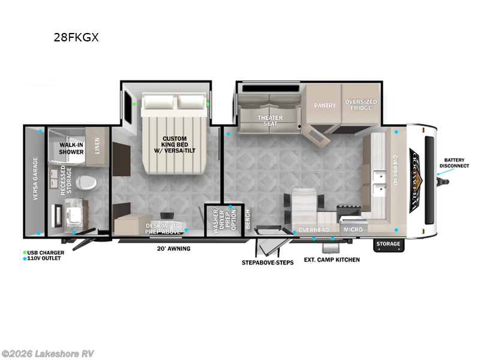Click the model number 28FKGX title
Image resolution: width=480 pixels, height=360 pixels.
[x=76, y=37]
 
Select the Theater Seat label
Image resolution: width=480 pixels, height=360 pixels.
[x=271, y=120]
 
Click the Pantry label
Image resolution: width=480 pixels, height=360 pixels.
[x=325, y=105]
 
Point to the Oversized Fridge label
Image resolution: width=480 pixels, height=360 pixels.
[x=361, y=105]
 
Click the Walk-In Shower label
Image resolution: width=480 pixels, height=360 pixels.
[x=71, y=148]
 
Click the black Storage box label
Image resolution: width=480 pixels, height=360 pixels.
[x=388, y=244]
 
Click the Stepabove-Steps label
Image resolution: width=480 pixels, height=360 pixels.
[x=268, y=263]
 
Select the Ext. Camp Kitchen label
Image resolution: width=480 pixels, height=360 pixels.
[x=332, y=259]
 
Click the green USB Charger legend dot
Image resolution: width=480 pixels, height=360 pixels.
[x=25, y=253]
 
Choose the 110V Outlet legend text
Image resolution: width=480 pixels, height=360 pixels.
[x=44, y=258]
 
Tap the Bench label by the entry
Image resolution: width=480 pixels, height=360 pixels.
[x=246, y=223]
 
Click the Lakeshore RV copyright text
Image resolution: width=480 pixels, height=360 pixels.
[x=47, y=353]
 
